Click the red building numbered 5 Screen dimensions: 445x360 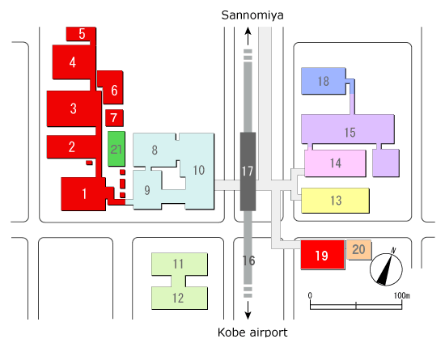pyautogui.click(x=81, y=34)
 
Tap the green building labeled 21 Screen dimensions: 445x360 pyautogui.click(x=117, y=149)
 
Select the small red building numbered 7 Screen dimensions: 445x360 pyautogui.click(x=114, y=118)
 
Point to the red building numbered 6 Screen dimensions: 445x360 pyautogui.click(x=111, y=87)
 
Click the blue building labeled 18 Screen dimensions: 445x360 pyautogui.click(x=324, y=81)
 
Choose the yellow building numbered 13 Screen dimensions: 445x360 pyautogui.click(x=335, y=201)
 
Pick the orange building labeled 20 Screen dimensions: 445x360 pyautogui.click(x=358, y=249)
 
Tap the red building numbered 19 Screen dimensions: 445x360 pyautogui.click(x=323, y=255)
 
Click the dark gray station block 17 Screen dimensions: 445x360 pyautogui.click(x=248, y=172)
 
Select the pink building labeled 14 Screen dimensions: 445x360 pyautogui.click(x=335, y=163)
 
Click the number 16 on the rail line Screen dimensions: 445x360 pyautogui.click(x=248, y=260)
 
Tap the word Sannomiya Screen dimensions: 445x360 pyautogui.click(x=252, y=15)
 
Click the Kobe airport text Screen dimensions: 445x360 pyautogui.click(x=252, y=332)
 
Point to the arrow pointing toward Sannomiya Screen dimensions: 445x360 pyautogui.click(x=248, y=36)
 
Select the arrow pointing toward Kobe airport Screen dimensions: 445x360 pyautogui.click(x=248, y=310)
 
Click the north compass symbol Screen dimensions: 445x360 pyautogui.click(x=386, y=267)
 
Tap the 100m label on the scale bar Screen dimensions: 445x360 pyautogui.click(x=401, y=295)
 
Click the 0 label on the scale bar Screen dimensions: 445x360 pyautogui.click(x=310, y=295)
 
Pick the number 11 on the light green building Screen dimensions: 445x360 pyautogui.click(x=178, y=264)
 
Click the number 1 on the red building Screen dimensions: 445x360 pyautogui.click(x=84, y=194)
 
